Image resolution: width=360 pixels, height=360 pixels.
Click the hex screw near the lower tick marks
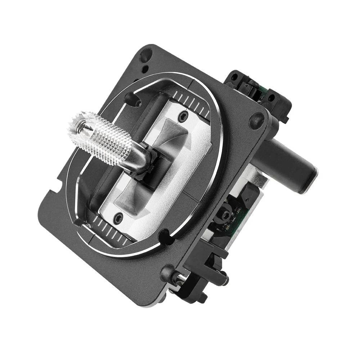coord(118,217)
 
